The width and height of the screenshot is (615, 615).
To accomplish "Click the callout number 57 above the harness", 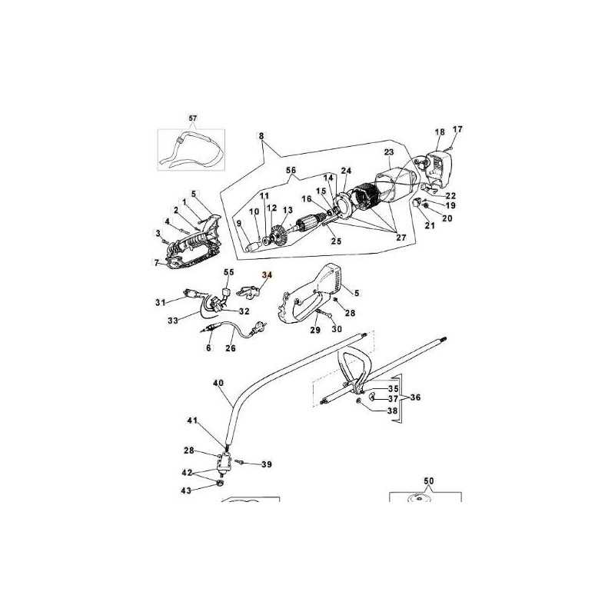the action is pyautogui.click(x=193, y=118).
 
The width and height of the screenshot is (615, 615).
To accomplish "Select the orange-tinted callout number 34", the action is pyautogui.click(x=267, y=275).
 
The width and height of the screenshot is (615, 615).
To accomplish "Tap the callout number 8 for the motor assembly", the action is pyautogui.click(x=261, y=136).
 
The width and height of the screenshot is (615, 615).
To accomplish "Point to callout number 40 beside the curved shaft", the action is pyautogui.click(x=218, y=382).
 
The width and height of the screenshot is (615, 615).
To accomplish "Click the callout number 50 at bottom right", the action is pyautogui.click(x=429, y=481).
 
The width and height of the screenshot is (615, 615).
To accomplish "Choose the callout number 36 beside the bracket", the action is pyautogui.click(x=415, y=397).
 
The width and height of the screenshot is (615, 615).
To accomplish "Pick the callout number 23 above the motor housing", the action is pyautogui.click(x=389, y=152).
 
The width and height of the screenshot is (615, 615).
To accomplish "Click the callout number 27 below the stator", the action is pyautogui.click(x=401, y=238).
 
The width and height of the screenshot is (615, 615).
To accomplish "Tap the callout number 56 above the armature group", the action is pyautogui.click(x=291, y=171).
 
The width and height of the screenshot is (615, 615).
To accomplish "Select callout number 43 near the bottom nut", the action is pyautogui.click(x=186, y=490).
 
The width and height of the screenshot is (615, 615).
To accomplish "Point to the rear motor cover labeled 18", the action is pyautogui.click(x=438, y=168).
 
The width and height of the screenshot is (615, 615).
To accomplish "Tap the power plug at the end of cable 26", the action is pyautogui.click(x=260, y=326).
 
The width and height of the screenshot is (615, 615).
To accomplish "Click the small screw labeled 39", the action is pyautogui.click(x=240, y=463).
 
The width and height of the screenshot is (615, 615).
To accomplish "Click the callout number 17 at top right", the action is pyautogui.click(x=457, y=129).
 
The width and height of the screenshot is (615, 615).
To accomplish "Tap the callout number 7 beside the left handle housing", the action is pyautogui.click(x=157, y=262).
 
